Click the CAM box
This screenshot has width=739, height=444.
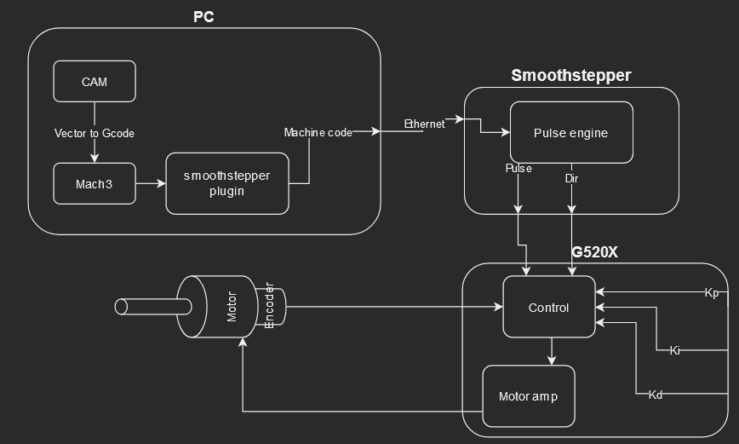pos(94,82)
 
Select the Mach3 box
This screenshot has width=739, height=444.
pos(94,183)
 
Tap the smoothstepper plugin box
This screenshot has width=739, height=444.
pos(226,183)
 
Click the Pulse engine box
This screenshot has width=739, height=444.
pos(570,133)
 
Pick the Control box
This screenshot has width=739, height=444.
pos(548,307)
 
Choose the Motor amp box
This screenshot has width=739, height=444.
pos(528,396)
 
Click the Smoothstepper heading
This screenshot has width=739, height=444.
pos(570,75)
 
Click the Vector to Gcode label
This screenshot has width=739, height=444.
pos(94,133)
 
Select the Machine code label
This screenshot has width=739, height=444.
pos(318,132)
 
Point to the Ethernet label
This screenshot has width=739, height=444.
pos(424,124)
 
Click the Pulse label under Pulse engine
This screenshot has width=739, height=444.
pos(518,169)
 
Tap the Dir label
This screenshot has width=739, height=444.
pos(571,179)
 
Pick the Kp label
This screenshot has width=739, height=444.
pos(711,293)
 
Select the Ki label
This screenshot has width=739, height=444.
pos(674,350)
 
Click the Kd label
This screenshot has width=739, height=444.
pos(655,395)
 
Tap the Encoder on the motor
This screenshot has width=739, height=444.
pos(270,305)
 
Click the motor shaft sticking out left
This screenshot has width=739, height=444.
pos(146,305)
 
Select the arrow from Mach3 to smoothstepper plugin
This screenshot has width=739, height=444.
pos(150,183)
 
